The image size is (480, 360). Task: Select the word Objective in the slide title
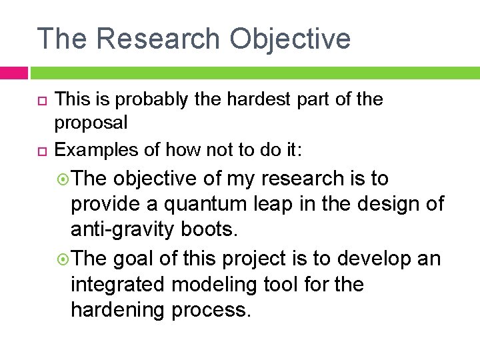click(x=290, y=38)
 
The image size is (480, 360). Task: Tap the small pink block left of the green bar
click(x=13, y=72)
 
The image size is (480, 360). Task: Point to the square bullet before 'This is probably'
click(x=39, y=100)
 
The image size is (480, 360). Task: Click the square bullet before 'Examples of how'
click(x=39, y=151)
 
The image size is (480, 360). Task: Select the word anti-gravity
click(x=124, y=230)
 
